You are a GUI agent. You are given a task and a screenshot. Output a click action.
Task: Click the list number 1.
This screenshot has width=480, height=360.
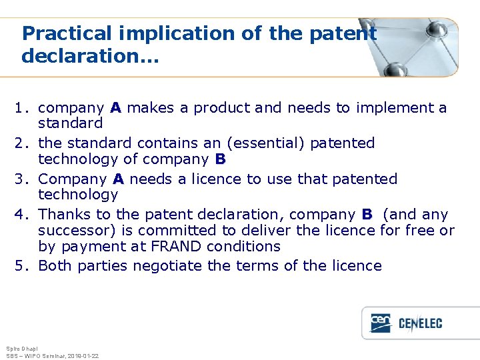coord(22,108)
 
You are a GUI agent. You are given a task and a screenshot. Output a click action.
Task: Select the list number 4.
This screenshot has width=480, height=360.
coord(22,215)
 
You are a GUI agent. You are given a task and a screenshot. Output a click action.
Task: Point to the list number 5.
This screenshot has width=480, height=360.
coord(22,266)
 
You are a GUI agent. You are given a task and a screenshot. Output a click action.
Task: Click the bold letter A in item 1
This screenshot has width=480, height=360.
coord(116,108)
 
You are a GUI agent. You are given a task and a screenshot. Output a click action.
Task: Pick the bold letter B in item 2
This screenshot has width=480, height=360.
coord(221,159)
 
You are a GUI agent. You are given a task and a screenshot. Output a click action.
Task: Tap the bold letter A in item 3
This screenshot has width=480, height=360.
coord(119,179)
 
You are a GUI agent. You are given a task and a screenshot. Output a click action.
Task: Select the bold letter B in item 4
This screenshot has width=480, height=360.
coord(367,215)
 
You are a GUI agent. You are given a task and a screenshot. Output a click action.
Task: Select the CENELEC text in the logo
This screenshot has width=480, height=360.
coord(420,324)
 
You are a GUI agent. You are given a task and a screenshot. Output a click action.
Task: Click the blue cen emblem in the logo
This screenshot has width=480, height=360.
coord(381,323)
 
